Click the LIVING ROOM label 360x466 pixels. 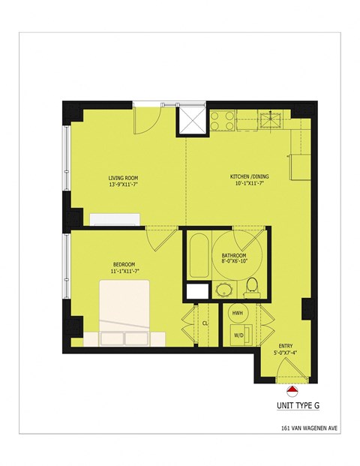[x=124, y=178]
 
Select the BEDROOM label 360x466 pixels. [x=124, y=264]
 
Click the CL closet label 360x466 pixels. [x=204, y=323]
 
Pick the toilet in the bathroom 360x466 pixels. [x=252, y=285]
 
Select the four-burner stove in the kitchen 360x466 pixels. [x=223, y=117]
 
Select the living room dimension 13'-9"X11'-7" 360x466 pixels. [x=124, y=185]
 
